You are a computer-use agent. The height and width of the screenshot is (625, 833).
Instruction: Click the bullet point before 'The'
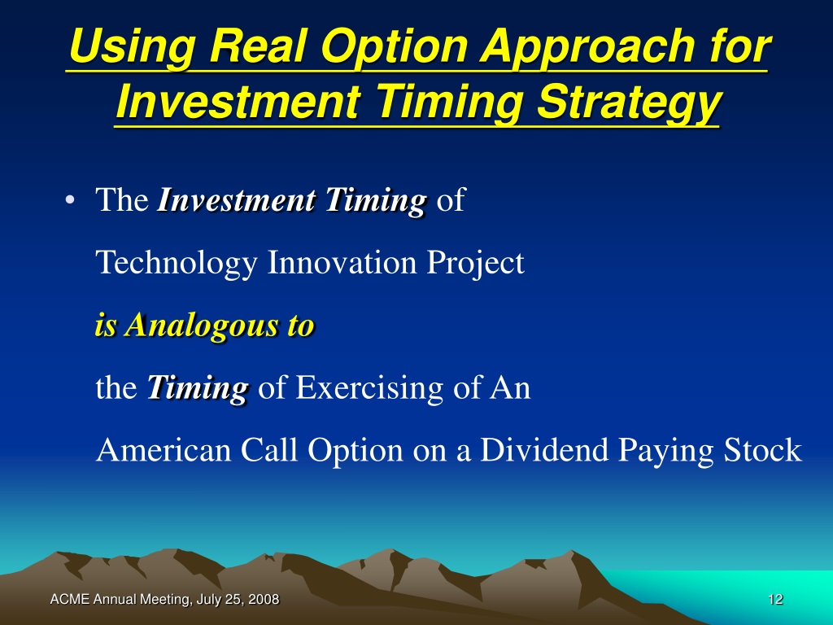click(69, 201)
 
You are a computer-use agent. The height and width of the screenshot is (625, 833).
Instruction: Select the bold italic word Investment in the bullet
click(237, 200)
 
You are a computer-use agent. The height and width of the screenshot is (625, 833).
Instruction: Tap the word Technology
click(177, 263)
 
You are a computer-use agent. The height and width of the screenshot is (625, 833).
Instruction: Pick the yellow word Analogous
click(202, 326)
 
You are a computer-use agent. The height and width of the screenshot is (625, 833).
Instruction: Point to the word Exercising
click(369, 388)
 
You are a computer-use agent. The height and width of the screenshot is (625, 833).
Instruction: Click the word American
click(163, 449)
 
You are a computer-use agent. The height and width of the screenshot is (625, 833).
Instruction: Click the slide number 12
click(775, 600)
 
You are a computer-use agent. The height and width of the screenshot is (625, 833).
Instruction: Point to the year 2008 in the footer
click(264, 600)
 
